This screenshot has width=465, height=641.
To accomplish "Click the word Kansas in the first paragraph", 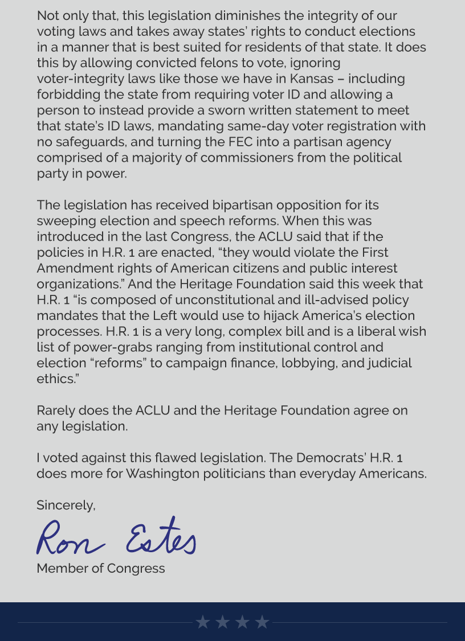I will tap(311, 79).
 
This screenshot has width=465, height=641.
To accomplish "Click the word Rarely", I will tap(55, 410).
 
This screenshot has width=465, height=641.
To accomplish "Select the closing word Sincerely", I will tap(66, 506).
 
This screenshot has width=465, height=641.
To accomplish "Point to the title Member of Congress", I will tap(101, 568).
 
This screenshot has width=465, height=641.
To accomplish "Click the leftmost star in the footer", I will tap(203, 622).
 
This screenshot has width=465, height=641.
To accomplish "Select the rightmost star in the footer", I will tap(262, 622).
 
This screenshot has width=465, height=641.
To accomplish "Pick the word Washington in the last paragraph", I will tap(166, 474).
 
